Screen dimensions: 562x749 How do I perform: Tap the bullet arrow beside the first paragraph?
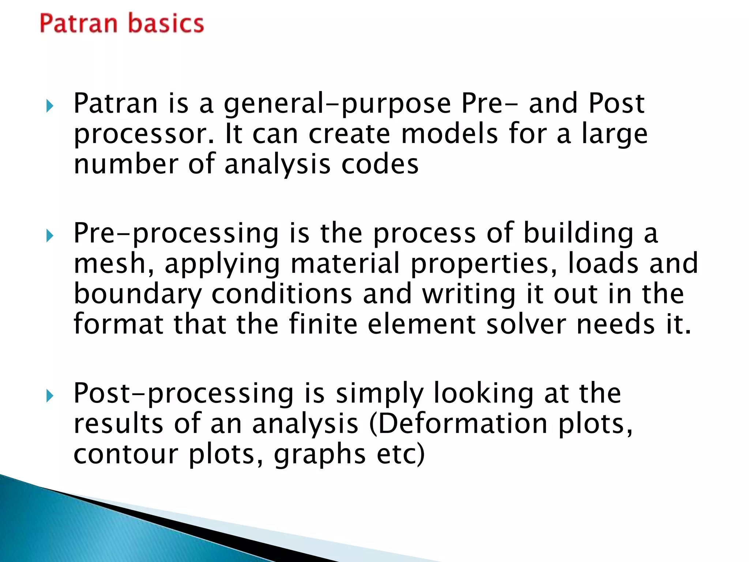click(50, 106)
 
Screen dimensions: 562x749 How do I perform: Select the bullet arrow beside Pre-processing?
click(50, 236)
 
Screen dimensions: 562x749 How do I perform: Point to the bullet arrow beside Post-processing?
click(50, 396)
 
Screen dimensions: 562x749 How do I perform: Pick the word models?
click(449, 134)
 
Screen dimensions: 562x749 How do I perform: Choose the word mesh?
click(114, 264)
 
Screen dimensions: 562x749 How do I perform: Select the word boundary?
click(138, 295)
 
